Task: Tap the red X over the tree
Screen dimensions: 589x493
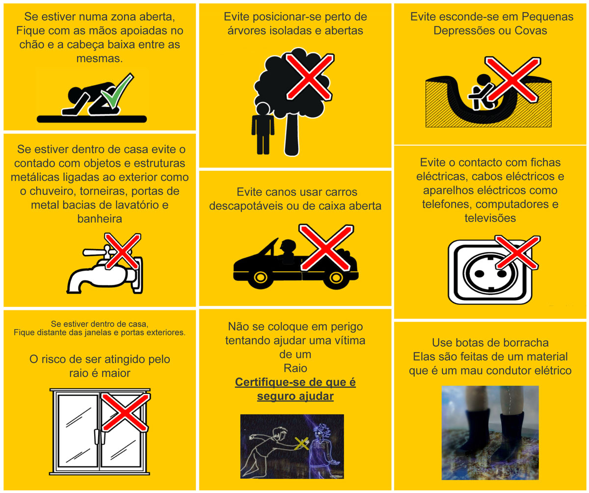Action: (x=310, y=77)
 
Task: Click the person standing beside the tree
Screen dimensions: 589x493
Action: (x=263, y=128)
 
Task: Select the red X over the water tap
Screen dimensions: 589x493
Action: (x=122, y=251)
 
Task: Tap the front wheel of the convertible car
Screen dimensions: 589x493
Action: (x=260, y=277)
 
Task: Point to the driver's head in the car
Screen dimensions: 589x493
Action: (x=288, y=246)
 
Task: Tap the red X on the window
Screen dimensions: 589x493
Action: (x=125, y=412)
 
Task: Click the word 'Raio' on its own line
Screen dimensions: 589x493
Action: (x=295, y=368)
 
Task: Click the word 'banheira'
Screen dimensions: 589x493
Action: (x=100, y=219)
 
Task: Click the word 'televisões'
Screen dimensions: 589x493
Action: (x=490, y=218)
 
